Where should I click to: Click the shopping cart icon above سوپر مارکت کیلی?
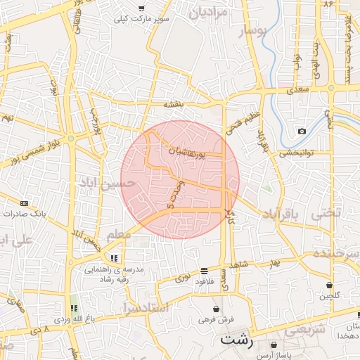click(x=141, y=8)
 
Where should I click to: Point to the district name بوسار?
click(x=254, y=32)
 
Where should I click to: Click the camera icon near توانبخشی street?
click(x=302, y=131)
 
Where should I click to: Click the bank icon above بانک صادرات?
click(x=25, y=202)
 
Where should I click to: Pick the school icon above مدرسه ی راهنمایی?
click(x=114, y=258)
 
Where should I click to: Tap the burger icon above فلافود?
click(x=204, y=271)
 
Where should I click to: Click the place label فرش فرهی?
click(x=215, y=319)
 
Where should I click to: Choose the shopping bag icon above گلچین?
click(x=329, y=285)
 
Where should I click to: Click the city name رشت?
click(x=236, y=339)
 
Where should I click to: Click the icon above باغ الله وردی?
click(x=73, y=308)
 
